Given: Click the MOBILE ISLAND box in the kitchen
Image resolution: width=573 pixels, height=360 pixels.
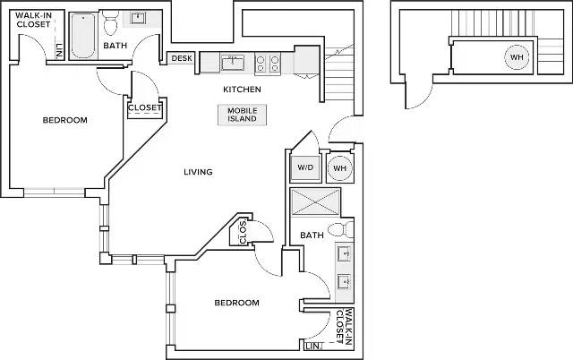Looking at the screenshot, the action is (x=243, y=115).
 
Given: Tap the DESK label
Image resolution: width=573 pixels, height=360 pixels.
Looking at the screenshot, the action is (x=182, y=58).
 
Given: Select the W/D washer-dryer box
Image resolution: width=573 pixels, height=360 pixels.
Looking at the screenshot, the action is (x=305, y=167).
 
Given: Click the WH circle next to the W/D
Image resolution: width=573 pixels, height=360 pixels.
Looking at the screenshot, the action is (x=340, y=168).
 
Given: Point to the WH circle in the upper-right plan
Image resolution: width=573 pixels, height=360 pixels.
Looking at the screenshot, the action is (x=517, y=57).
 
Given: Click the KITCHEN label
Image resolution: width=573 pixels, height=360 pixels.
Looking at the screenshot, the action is (x=243, y=90).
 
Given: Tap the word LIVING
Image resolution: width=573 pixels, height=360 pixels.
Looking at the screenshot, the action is (x=198, y=172).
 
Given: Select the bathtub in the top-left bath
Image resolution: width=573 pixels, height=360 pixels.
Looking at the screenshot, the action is (x=83, y=36).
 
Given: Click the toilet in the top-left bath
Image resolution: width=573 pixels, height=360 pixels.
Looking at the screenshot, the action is (x=110, y=21).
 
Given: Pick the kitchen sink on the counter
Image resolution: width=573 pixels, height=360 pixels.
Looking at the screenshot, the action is (x=233, y=63).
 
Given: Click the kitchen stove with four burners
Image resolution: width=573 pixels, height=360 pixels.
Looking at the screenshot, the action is (x=268, y=64).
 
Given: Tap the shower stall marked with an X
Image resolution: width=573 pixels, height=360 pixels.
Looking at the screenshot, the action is (x=315, y=201).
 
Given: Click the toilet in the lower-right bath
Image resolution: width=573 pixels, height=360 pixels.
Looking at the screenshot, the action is (x=340, y=230).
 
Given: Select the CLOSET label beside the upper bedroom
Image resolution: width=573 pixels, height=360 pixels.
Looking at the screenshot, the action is (x=145, y=107).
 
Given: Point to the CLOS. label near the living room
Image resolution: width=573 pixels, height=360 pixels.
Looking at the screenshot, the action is (x=243, y=232).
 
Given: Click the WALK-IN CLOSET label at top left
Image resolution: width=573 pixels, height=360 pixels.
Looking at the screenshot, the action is (x=33, y=20).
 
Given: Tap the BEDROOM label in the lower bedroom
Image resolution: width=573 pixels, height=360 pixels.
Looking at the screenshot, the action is (x=236, y=303).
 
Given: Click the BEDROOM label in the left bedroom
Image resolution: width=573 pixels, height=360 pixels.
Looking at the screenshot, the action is (x=65, y=120).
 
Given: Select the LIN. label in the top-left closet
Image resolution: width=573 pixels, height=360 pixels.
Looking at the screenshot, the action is (x=59, y=51).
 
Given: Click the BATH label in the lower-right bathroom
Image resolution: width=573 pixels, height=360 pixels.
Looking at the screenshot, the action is (x=312, y=235).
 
